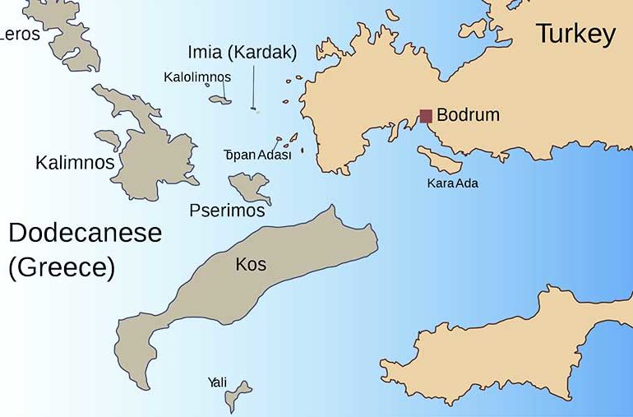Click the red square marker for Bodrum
(x=426, y=116)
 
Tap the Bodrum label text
(x=468, y=115)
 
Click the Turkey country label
(x=575, y=34)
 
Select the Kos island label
(x=251, y=264)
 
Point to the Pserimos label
(x=227, y=211)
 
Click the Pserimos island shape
(x=248, y=186)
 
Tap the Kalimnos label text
(x=75, y=162)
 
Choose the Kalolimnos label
(x=197, y=77)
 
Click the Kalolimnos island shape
(x=220, y=100)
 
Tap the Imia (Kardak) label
(x=242, y=52)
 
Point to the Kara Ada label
(x=452, y=183)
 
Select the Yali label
(x=217, y=382)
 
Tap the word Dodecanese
(x=85, y=234)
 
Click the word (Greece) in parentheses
(x=62, y=268)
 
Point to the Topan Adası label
(x=258, y=155)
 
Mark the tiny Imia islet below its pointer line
(x=255, y=109)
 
